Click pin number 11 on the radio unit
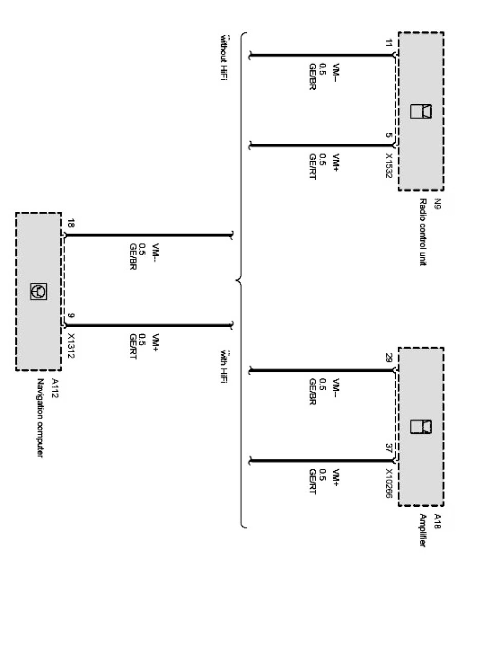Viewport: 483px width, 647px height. pyautogui.click(x=389, y=44)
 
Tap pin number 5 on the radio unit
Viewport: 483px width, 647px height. pyautogui.click(x=389, y=136)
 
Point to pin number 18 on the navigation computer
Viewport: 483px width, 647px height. pyautogui.click(x=71, y=224)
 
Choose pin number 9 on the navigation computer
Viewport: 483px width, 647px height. pyautogui.click(x=71, y=316)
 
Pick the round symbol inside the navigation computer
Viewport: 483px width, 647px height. pyautogui.click(x=39, y=292)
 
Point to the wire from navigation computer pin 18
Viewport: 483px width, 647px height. pyautogui.click(x=149, y=236)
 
